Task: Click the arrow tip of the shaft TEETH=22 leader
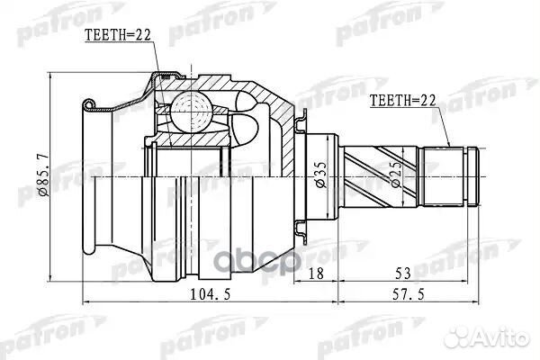coord(447,147)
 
